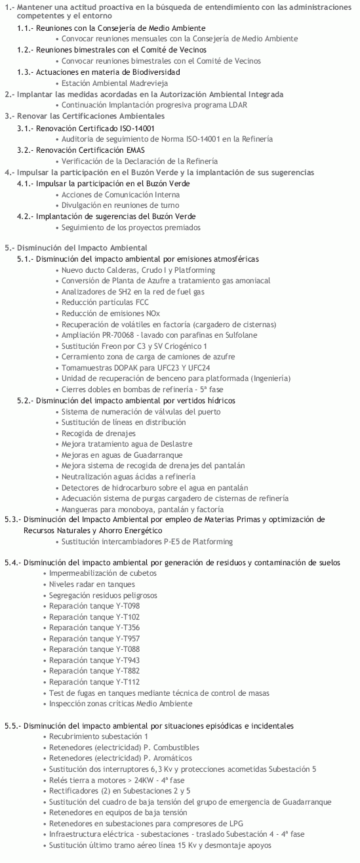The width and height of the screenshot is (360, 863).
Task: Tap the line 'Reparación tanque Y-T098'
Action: point(94,606)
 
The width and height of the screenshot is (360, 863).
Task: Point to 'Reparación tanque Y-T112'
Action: point(94,682)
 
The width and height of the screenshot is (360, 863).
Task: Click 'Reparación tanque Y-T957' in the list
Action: point(94,638)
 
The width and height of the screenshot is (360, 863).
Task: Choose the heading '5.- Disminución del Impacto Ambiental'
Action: point(75,248)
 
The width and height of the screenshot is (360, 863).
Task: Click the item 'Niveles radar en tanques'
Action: point(92,584)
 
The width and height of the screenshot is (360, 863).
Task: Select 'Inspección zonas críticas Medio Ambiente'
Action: point(121,704)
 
